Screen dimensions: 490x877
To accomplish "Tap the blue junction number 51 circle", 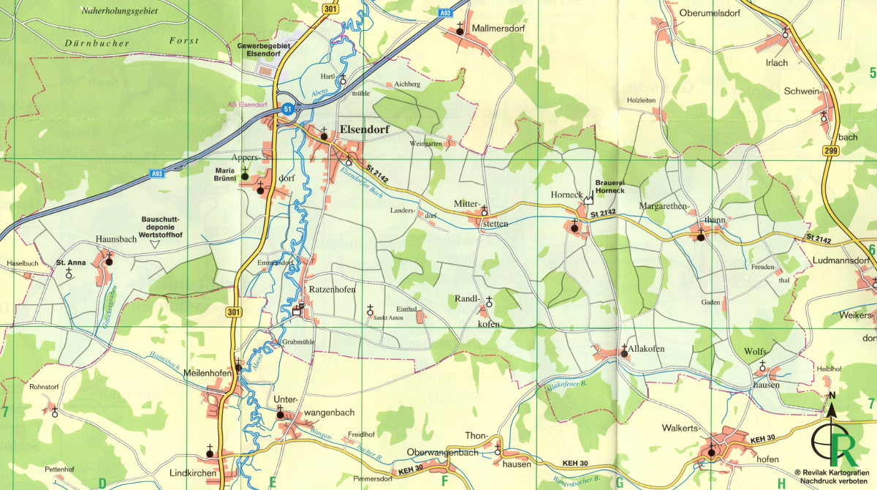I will [287, 108].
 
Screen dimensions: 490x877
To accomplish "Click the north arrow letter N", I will [832, 396].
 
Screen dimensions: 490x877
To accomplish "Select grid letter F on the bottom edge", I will [444, 480].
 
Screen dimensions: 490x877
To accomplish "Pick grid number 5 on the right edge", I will [871, 72].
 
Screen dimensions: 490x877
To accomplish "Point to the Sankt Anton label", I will [388, 318].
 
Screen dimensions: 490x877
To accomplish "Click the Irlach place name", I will [776, 63].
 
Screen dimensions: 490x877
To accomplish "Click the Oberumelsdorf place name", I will [710, 12].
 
